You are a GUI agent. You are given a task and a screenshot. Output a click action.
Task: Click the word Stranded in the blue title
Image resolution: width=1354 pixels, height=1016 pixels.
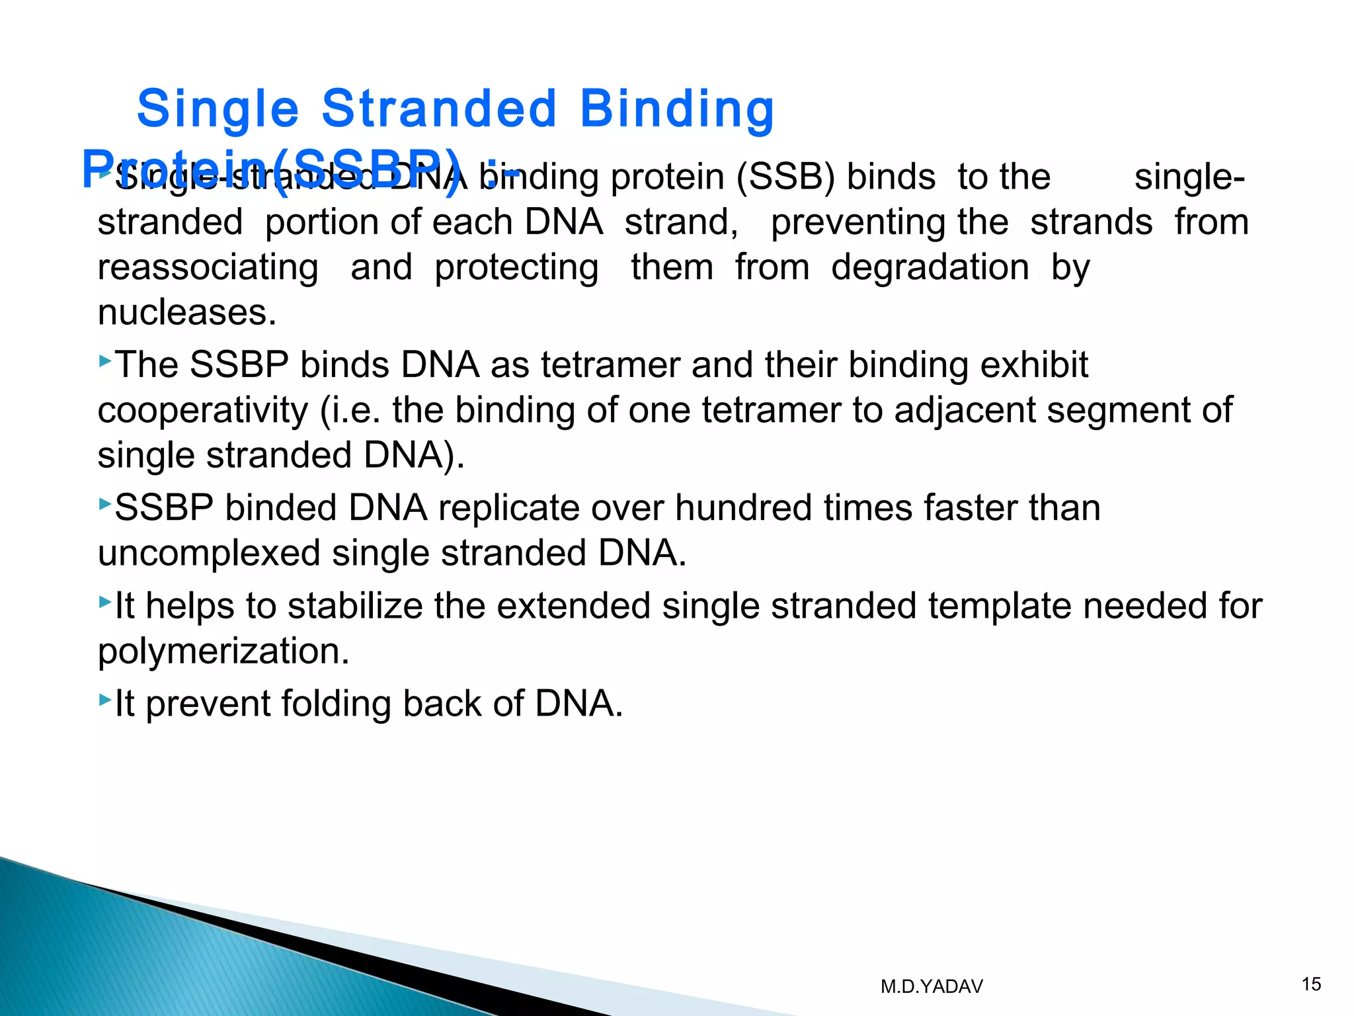tap(439, 109)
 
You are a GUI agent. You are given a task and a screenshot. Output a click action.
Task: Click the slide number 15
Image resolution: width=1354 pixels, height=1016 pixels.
tap(1311, 984)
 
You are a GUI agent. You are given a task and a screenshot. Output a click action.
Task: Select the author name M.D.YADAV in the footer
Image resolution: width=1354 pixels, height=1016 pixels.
tap(932, 987)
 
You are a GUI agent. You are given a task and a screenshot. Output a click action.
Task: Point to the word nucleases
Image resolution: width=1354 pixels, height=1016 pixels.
tap(186, 312)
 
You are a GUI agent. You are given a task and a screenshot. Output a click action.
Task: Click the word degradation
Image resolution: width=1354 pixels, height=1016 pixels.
tap(930, 267)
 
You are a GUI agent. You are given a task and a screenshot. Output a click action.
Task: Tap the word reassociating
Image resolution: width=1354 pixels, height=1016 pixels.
tap(208, 267)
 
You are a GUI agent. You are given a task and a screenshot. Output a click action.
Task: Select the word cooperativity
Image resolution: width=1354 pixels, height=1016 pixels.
tap(203, 410)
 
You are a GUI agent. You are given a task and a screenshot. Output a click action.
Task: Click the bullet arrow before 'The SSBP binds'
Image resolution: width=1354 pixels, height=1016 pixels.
tap(105, 361)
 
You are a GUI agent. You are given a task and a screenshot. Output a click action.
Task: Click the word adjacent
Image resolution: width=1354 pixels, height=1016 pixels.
tap(965, 410)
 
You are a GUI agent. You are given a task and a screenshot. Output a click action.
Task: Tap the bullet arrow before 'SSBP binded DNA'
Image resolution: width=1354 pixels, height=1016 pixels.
tap(105, 504)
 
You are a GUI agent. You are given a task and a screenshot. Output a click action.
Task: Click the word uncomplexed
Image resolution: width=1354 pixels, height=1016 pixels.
tap(209, 553)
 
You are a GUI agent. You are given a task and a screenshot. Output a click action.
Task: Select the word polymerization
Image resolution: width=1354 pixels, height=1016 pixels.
tap(223, 651)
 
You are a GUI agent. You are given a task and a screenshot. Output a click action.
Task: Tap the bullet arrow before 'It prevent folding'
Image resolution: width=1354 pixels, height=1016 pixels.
tap(105, 699)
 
